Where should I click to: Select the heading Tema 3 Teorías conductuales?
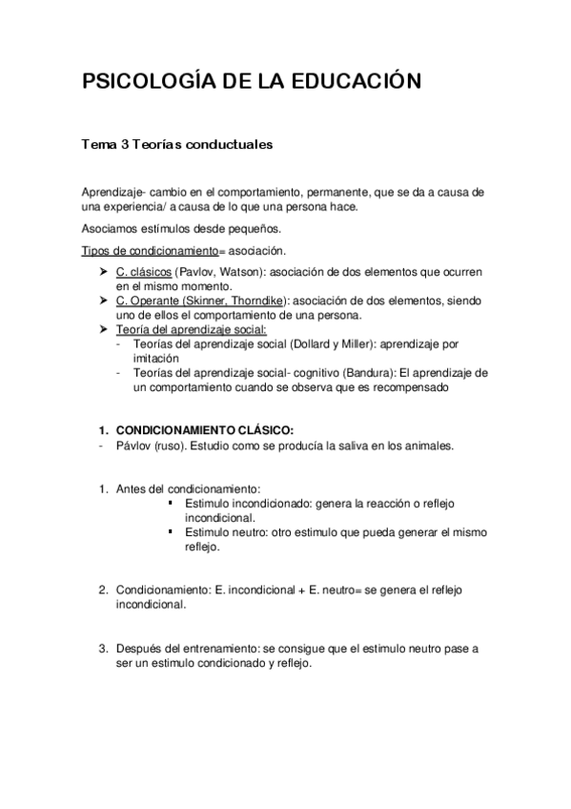[178, 145]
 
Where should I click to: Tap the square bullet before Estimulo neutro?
[169, 530]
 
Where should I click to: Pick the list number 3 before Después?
[103, 648]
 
